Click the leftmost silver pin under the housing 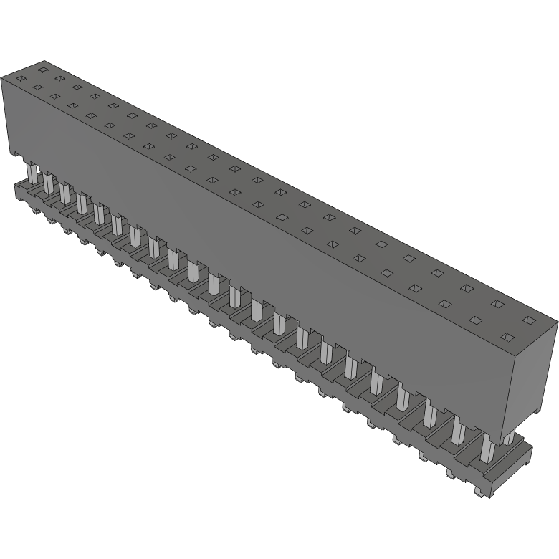(x=32, y=174)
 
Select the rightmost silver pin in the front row (x=487, y=447)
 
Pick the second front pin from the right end (x=459, y=431)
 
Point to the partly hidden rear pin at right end (x=508, y=438)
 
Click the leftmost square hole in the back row (x=42, y=70)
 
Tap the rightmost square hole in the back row (x=529, y=320)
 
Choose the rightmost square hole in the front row (x=507, y=337)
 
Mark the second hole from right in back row (x=497, y=304)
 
